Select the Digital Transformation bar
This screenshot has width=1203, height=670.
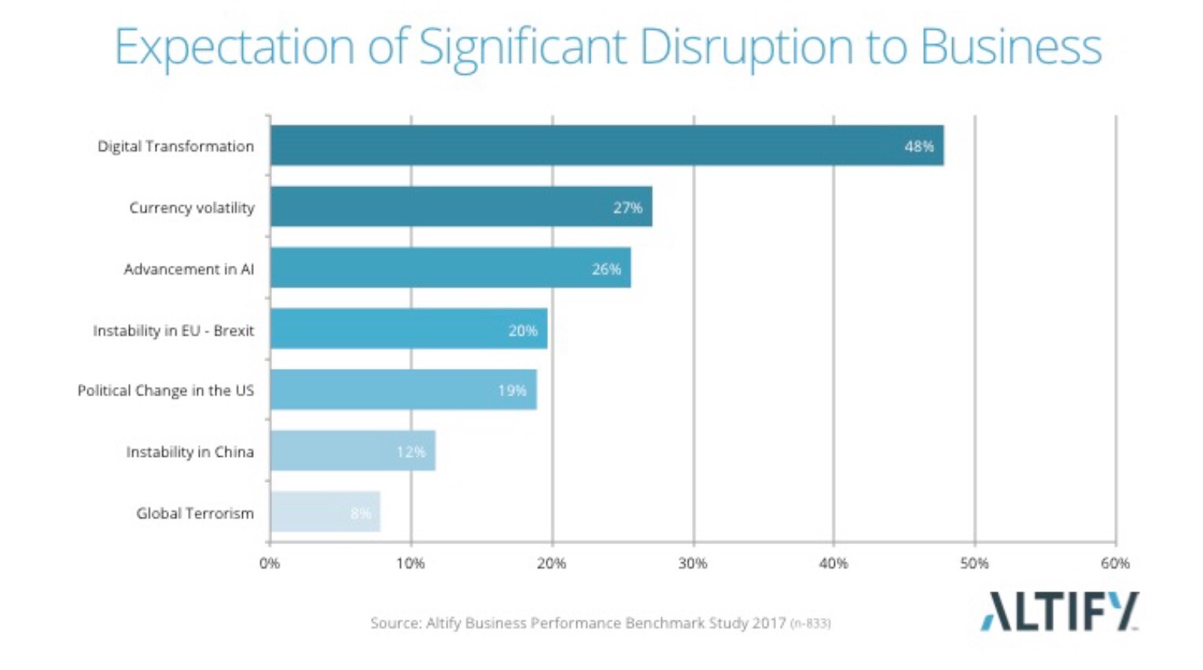[x=606, y=145]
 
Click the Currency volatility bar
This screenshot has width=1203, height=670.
[x=461, y=207]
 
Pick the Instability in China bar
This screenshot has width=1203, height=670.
[x=352, y=451]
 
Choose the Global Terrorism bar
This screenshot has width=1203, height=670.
[x=325, y=512]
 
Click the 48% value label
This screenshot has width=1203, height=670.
[x=918, y=146]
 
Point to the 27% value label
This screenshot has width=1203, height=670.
[x=627, y=208]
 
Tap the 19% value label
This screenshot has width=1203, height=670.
[x=512, y=391]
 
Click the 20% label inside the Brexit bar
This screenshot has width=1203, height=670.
[x=523, y=331]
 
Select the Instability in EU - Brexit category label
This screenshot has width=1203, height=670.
[x=173, y=331]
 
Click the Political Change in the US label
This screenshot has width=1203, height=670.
[x=165, y=391]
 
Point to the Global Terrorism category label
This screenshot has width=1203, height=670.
[x=195, y=514]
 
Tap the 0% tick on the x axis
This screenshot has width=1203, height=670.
[x=270, y=563]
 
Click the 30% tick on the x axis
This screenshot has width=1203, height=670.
[x=693, y=563]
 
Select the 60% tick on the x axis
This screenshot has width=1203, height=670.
[x=1115, y=563]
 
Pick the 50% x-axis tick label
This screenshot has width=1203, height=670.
[x=974, y=563]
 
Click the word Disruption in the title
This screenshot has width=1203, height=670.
[x=745, y=47]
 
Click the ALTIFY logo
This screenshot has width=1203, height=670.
[x=1059, y=612]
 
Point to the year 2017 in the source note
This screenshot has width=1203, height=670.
[x=768, y=624]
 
